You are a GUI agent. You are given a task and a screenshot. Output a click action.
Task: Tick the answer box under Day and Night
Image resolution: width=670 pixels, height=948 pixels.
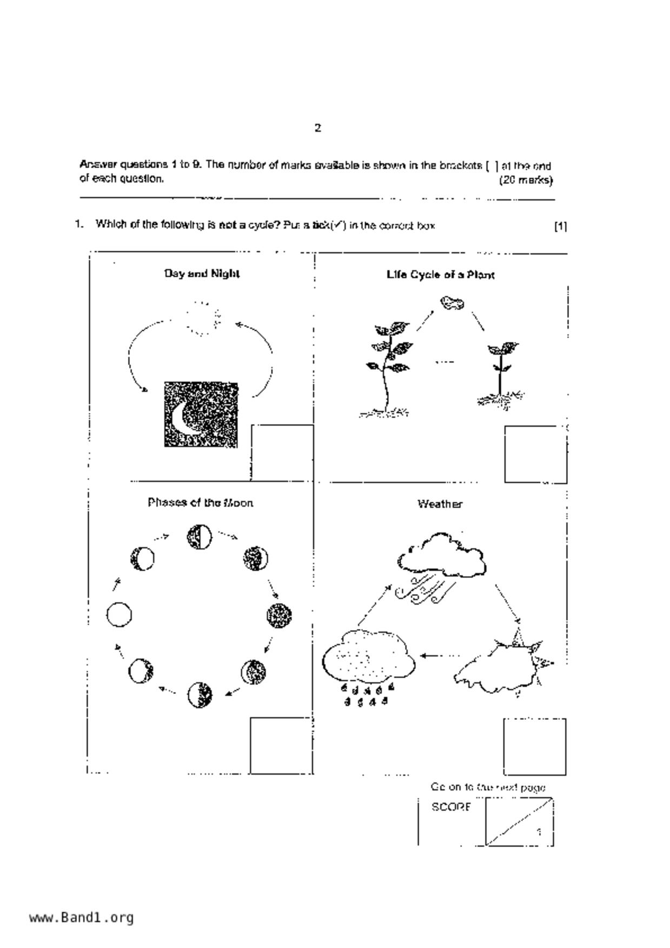click(x=282, y=452)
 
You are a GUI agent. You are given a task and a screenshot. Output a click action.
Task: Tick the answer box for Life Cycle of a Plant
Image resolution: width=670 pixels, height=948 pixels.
click(x=535, y=454)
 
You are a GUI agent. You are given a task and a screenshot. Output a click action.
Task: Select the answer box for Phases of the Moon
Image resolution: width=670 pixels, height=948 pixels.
click(x=281, y=745)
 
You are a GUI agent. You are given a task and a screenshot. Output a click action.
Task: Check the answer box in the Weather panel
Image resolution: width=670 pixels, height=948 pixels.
click(x=535, y=746)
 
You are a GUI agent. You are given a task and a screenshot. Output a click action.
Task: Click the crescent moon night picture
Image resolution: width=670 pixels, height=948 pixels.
click(x=201, y=415)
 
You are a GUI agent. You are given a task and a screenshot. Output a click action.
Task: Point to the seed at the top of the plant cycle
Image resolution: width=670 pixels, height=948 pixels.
click(x=452, y=303)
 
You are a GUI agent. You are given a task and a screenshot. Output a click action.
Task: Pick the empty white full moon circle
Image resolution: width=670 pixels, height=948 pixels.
click(x=119, y=615)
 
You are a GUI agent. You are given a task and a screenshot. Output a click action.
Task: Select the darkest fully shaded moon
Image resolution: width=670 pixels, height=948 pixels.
click(x=279, y=615)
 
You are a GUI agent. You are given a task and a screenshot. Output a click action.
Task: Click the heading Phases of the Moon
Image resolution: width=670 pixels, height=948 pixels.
click(x=201, y=503)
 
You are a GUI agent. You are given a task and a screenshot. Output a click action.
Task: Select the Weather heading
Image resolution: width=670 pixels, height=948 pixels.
click(x=440, y=504)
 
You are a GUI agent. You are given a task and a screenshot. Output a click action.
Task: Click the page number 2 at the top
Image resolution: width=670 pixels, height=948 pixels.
click(x=318, y=128)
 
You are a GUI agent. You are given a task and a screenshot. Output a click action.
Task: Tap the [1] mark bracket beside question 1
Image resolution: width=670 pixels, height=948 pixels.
click(x=560, y=226)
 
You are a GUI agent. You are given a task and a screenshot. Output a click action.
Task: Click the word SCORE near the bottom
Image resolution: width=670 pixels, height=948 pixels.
click(x=451, y=807)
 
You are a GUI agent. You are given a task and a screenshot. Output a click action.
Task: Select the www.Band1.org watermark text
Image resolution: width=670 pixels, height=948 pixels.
click(x=81, y=918)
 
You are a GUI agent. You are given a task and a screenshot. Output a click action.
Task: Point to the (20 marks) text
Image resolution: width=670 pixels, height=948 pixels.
click(x=526, y=180)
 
